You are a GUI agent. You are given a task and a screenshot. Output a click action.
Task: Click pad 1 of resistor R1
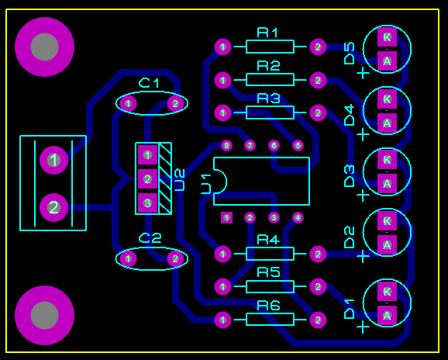[223, 47]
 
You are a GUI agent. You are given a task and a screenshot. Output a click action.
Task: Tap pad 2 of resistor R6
[318, 320]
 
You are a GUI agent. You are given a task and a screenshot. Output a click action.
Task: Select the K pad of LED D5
[387, 37]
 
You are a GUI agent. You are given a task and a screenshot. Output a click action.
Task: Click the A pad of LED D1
[387, 316]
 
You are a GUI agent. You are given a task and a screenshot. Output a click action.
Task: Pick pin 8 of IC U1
[226, 146]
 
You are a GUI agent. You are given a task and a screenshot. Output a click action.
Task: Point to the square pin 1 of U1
[226, 218]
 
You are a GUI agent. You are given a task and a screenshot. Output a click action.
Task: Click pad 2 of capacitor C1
[175, 103]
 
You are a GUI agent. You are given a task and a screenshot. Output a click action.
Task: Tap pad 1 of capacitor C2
[128, 259]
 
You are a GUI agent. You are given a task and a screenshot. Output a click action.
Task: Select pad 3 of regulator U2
[147, 203]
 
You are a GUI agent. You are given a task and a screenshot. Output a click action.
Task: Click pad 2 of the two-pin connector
[53, 207]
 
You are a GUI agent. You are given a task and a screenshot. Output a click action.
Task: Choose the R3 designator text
[269, 99]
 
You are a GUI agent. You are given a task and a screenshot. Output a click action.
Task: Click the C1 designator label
[149, 83]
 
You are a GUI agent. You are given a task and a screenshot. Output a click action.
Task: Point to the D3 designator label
[349, 176]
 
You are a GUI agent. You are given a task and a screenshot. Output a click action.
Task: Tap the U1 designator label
[206, 184]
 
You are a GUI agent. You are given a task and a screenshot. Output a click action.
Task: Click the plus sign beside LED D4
[364, 134]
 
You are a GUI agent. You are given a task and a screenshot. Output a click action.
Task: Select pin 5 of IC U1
[298, 146]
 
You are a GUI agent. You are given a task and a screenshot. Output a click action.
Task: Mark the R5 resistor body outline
[270, 286]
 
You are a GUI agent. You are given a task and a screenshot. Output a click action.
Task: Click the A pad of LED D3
[387, 184]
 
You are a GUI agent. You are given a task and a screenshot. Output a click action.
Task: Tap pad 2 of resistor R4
[318, 254]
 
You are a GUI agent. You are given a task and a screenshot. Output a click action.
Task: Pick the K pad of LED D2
[387, 221]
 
